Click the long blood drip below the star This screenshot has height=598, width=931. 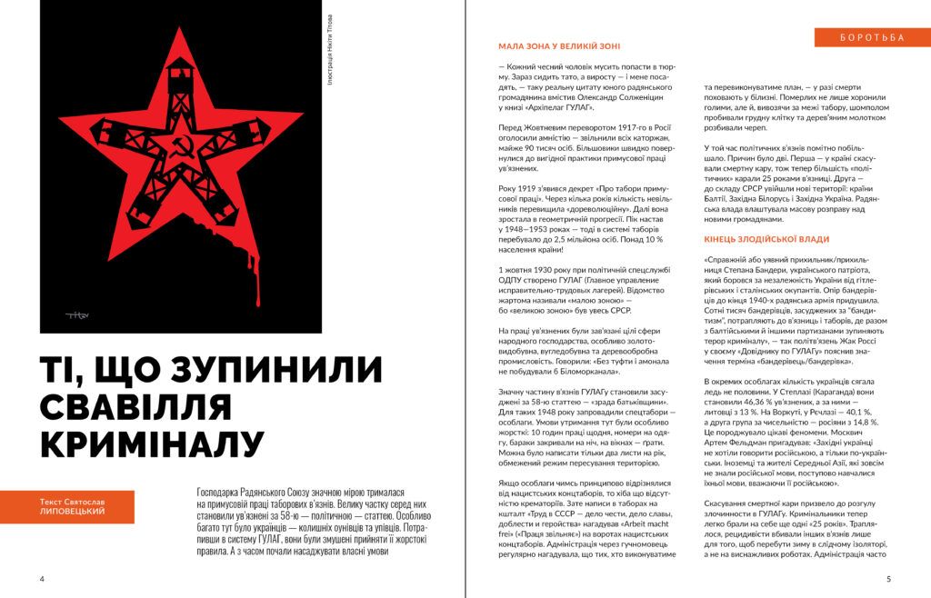[257, 273]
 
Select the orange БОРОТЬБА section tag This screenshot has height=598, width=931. [873, 37]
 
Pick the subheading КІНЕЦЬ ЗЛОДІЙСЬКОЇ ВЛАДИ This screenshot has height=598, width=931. [766, 239]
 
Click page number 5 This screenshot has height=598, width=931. [888, 578]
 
